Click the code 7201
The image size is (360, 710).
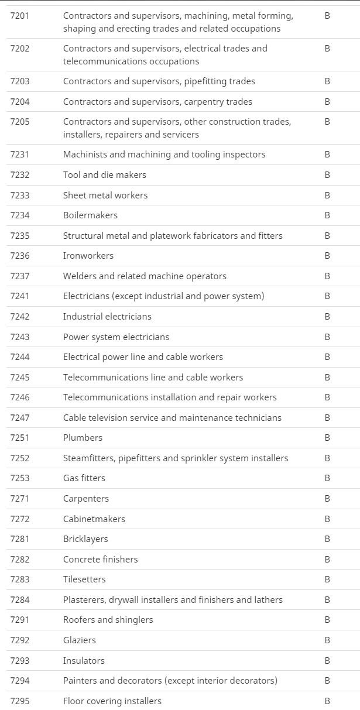pyautogui.click(x=19, y=16)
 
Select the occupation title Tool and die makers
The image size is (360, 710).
pyautogui.click(x=105, y=174)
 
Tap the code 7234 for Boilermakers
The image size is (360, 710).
pyautogui.click(x=19, y=215)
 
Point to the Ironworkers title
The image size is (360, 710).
pyautogui.click(x=88, y=255)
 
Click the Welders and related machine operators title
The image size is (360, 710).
pyautogui.click(x=145, y=276)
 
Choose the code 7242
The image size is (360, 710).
pyautogui.click(x=19, y=316)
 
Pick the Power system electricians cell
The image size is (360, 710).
pyautogui.click(x=116, y=337)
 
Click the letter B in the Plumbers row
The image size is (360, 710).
pyautogui.click(x=327, y=437)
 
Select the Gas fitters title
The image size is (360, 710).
pyautogui.click(x=84, y=478)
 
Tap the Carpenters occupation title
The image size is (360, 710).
pyautogui.click(x=86, y=498)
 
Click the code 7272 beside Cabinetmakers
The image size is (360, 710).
pyautogui.click(x=19, y=519)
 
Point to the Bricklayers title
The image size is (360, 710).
pyautogui.click(x=85, y=538)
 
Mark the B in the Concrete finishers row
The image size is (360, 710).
pyautogui.click(x=327, y=559)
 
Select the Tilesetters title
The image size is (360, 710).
pyautogui.click(x=84, y=579)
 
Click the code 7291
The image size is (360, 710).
pyautogui.click(x=19, y=619)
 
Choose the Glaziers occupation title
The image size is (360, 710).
pyautogui.click(x=80, y=640)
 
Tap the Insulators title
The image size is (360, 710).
pyautogui.click(x=84, y=660)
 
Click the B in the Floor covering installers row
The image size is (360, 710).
pyautogui.click(x=327, y=701)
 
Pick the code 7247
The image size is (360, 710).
pyautogui.click(x=19, y=417)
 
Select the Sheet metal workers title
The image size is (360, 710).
pyautogui.click(x=105, y=195)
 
